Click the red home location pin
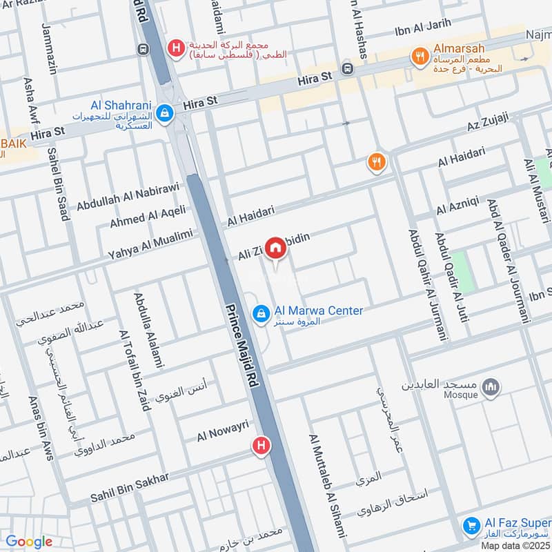275,248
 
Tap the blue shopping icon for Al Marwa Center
261,315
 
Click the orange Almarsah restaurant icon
419,57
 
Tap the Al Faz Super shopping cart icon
471,526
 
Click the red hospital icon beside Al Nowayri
261,445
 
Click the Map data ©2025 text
515,545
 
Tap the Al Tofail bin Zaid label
135,369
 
